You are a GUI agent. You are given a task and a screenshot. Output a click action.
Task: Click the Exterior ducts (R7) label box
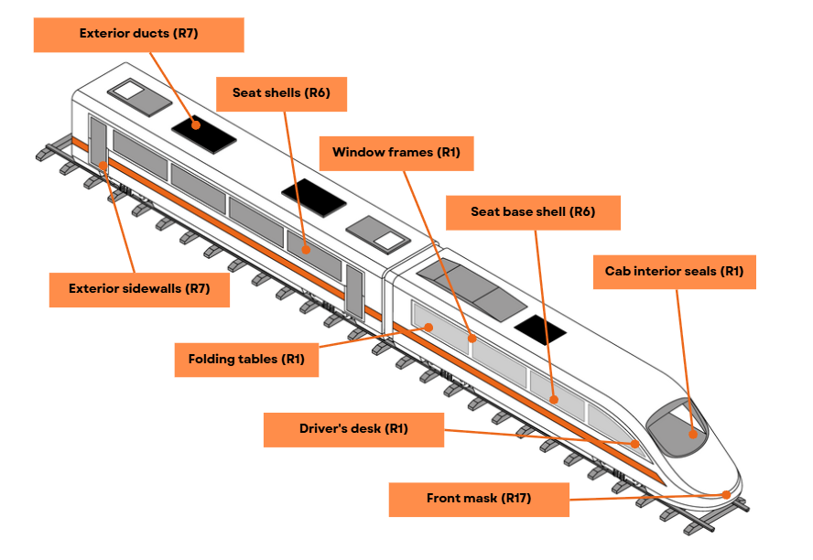coord(139,35)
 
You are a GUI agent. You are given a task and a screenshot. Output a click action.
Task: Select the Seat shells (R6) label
coord(282,94)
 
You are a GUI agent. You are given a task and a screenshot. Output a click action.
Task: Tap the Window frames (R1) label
coord(396,154)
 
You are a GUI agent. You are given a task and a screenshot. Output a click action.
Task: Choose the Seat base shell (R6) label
coord(533,212)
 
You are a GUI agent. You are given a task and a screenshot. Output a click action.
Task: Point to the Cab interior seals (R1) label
coord(675,272)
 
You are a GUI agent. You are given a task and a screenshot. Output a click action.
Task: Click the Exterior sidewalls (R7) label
coord(139,290)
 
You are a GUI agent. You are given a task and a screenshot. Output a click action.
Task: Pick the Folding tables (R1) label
coord(246,360)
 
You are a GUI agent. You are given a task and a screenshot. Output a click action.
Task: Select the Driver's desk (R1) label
coord(353,430)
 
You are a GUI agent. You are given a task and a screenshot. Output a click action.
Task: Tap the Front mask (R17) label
coord(479,500)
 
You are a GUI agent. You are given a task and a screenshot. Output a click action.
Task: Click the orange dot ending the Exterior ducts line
coord(196,124)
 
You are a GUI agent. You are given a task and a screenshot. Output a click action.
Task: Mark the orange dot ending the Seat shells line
coord(306,250)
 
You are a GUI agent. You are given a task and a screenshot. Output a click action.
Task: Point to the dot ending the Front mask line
coord(726,495)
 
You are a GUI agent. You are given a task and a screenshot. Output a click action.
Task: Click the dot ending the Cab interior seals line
coord(693,434)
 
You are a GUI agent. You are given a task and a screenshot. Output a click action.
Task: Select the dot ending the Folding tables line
coord(428,328)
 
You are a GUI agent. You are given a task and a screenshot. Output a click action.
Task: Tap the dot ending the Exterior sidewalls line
coord(103,166)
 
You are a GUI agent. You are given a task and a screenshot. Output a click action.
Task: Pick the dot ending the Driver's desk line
coord(634,444)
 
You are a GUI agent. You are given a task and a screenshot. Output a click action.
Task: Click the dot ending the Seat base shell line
coord(554,399)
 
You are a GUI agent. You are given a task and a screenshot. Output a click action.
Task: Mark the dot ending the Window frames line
coord(472,339)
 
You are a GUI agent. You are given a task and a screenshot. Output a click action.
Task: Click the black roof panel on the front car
coord(540,329)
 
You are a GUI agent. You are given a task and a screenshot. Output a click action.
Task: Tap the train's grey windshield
coord(677,428)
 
